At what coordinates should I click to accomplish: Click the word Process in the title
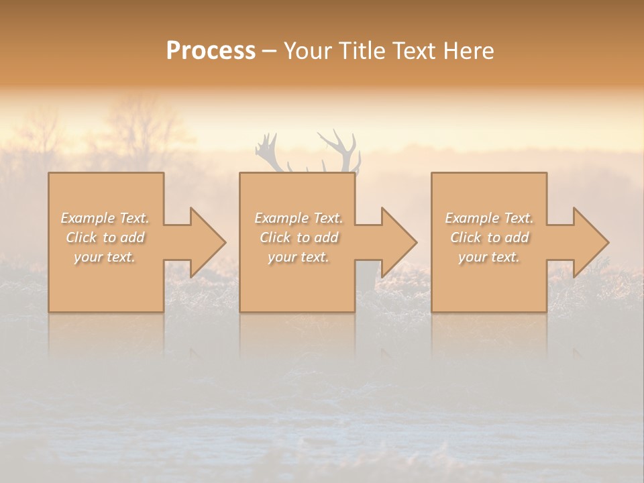pyautogui.click(x=211, y=51)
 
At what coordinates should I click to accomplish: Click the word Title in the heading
pyautogui.click(x=362, y=51)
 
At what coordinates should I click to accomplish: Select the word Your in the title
pyautogui.click(x=308, y=51)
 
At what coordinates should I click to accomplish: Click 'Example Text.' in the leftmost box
pyautogui.click(x=105, y=218)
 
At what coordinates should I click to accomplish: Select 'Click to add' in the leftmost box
pyautogui.click(x=105, y=237)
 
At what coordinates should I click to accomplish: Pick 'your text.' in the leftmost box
pyautogui.click(x=105, y=257)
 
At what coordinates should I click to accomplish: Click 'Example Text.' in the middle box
pyautogui.click(x=299, y=218)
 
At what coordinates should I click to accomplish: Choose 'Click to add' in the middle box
pyautogui.click(x=299, y=237)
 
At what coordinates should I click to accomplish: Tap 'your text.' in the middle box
pyautogui.click(x=299, y=257)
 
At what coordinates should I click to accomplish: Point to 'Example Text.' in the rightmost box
pyautogui.click(x=489, y=218)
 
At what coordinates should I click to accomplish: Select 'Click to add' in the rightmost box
pyautogui.click(x=489, y=237)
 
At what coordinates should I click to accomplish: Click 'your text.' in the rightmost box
pyautogui.click(x=489, y=257)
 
